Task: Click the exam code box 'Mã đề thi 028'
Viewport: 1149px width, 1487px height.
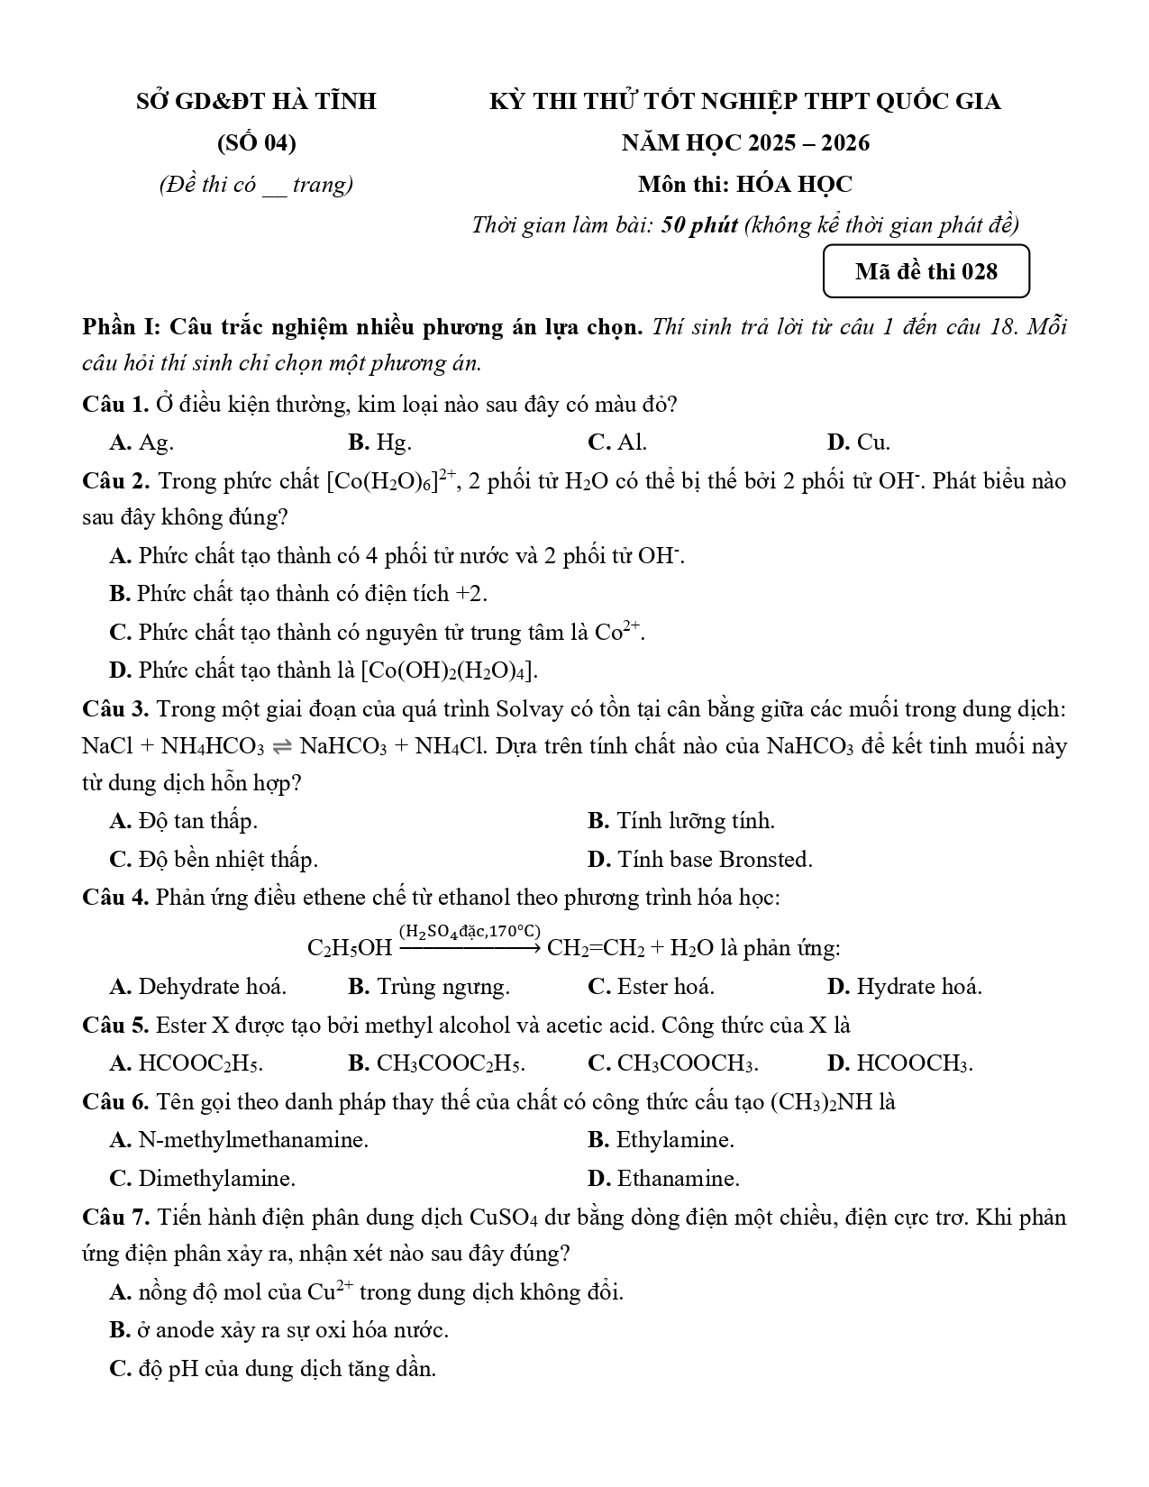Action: click(926, 271)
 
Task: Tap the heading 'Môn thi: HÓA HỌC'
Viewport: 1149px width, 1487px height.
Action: click(744, 185)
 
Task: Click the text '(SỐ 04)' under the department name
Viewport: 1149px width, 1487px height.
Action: click(256, 143)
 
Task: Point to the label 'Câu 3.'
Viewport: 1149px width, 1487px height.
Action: click(115, 709)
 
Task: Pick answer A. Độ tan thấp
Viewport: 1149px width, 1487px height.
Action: click(183, 821)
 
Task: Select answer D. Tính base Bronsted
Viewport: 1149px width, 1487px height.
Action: click(699, 860)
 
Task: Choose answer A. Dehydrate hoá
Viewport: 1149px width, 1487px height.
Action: click(197, 987)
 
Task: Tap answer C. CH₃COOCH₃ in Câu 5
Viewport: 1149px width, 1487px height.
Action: click(672, 1063)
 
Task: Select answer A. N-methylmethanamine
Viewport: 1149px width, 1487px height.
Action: click(239, 1140)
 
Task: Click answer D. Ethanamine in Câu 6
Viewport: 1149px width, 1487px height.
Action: click(663, 1179)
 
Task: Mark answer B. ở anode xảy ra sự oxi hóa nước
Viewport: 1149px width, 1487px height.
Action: click(278, 1330)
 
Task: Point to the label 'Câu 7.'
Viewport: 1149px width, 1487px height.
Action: click(115, 1218)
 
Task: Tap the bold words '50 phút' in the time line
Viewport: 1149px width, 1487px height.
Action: click(699, 225)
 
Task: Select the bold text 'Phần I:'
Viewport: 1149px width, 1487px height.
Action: click(121, 326)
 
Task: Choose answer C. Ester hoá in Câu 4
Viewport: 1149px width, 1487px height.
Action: click(651, 987)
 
